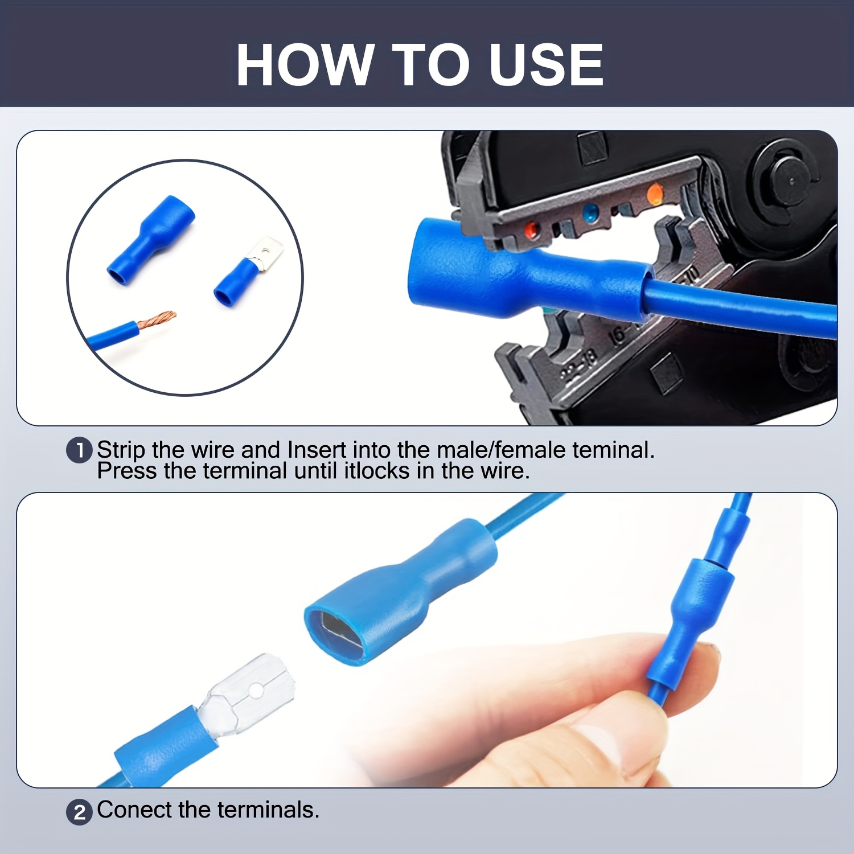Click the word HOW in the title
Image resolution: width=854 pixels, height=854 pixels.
(x=305, y=65)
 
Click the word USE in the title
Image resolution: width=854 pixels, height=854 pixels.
(x=546, y=65)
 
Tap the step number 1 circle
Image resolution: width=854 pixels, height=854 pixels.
(x=79, y=450)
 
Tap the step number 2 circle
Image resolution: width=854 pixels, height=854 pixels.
(x=79, y=811)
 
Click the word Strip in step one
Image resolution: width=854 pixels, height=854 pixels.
(x=121, y=450)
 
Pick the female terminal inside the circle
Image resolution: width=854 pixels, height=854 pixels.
(x=151, y=240)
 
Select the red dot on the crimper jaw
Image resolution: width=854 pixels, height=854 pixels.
(x=531, y=230)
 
